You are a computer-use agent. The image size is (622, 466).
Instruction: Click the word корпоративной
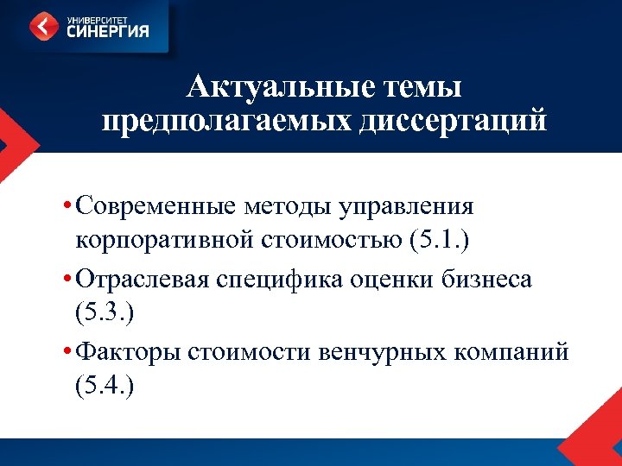pos(162,238)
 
